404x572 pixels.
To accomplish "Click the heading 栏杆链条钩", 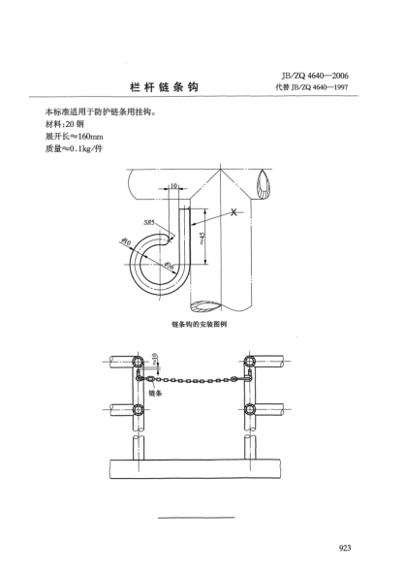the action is [x=164, y=87].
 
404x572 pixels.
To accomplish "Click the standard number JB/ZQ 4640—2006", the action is [x=315, y=76].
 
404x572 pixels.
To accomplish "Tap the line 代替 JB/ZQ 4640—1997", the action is [x=312, y=87].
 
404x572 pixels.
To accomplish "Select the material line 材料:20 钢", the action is [x=65, y=124].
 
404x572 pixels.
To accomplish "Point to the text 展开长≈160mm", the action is [x=74, y=137].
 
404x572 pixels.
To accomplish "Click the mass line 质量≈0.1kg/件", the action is [x=74, y=149].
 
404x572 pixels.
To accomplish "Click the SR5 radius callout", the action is [x=149, y=222].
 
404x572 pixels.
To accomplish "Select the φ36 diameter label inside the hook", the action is [x=169, y=266].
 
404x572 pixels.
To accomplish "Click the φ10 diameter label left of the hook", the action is [x=125, y=240].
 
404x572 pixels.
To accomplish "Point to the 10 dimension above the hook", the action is [x=173, y=186].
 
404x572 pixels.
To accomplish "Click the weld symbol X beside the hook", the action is [x=234, y=212].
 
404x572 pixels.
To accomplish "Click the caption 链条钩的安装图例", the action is [x=200, y=324].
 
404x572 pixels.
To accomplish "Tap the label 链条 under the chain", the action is [x=155, y=393].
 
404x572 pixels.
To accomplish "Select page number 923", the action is [x=345, y=548].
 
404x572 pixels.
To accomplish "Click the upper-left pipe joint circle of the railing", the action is [x=138, y=362].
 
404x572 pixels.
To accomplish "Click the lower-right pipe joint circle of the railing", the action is [x=250, y=410].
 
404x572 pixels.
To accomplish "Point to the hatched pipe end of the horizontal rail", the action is [x=264, y=185].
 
